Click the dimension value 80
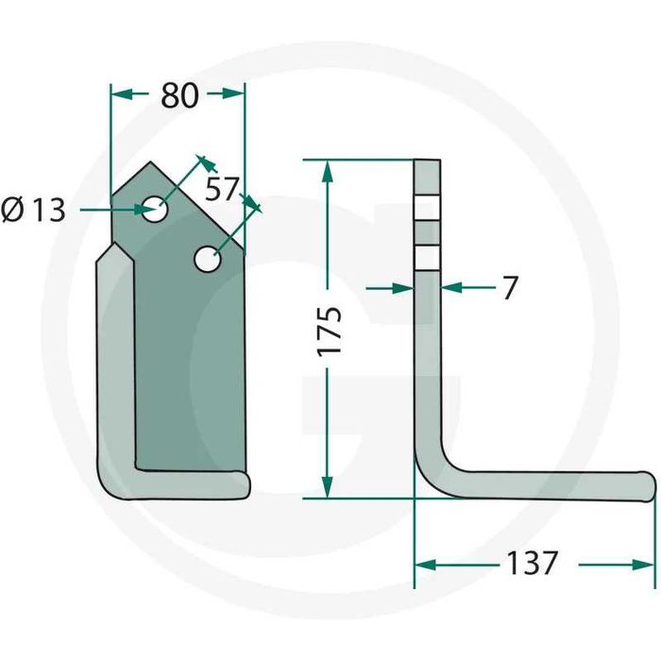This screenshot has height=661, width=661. pyautogui.click(x=179, y=95)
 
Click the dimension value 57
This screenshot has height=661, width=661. pyautogui.click(x=222, y=189)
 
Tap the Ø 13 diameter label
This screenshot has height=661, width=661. pyautogui.click(x=33, y=210)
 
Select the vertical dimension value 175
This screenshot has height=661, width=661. pyautogui.click(x=329, y=330)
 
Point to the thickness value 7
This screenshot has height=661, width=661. pyautogui.click(x=510, y=288)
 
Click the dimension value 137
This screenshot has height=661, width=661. pyautogui.click(x=532, y=563)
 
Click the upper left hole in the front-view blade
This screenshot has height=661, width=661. pyautogui.click(x=155, y=209)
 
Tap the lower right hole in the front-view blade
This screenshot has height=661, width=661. pyautogui.click(x=209, y=259)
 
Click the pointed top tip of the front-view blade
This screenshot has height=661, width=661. pyautogui.click(x=149, y=162)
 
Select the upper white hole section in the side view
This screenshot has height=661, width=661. pyautogui.click(x=428, y=208)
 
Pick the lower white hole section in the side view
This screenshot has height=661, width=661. pyautogui.click(x=428, y=258)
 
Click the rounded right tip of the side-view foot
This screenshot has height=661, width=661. pyautogui.click(x=653, y=486)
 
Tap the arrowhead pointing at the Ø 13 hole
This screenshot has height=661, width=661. pyautogui.click(x=144, y=209)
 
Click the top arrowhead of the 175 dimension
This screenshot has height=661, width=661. pyautogui.click(x=327, y=171)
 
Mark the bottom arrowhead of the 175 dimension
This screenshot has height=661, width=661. pyautogui.click(x=327, y=487)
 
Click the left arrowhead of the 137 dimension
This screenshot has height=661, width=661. pyautogui.click(x=426, y=565)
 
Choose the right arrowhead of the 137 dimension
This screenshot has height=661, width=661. pyautogui.click(x=644, y=565)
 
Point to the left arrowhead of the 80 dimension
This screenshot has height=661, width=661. pyautogui.click(x=122, y=94)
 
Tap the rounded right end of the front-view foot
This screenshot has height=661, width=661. pyautogui.click(x=246, y=485)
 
